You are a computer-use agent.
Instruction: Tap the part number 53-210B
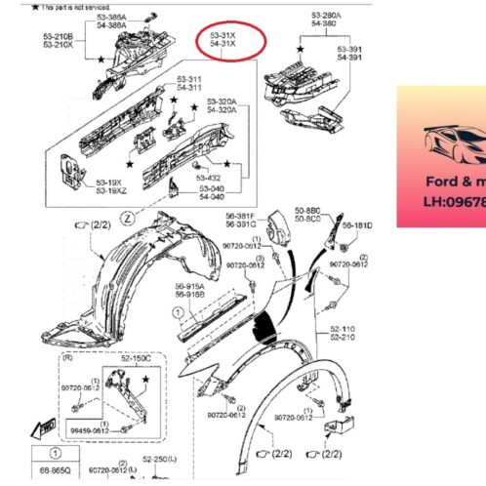pos(58,36)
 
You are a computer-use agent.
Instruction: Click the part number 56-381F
pos(241,216)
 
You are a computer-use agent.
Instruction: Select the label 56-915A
pos(190,285)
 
